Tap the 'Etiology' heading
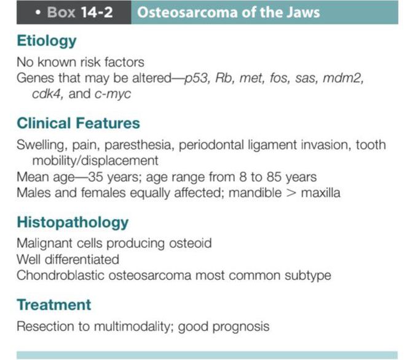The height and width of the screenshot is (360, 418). coord(47,41)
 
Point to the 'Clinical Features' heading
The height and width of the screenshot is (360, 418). coord(78,123)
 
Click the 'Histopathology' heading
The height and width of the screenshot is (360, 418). coord(73,222)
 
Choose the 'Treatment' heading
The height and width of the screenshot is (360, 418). coord(54,305)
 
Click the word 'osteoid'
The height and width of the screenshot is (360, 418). coord(189,243)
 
